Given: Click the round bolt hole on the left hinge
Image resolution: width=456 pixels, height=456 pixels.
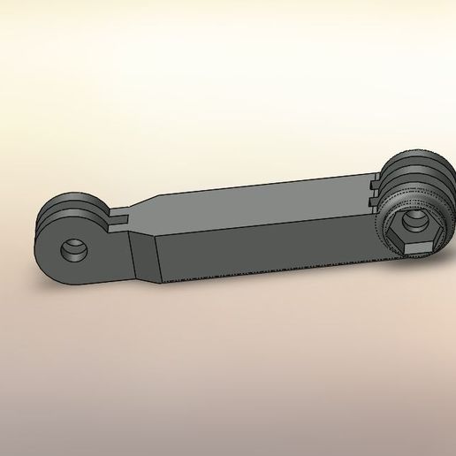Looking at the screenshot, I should [72, 252].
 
